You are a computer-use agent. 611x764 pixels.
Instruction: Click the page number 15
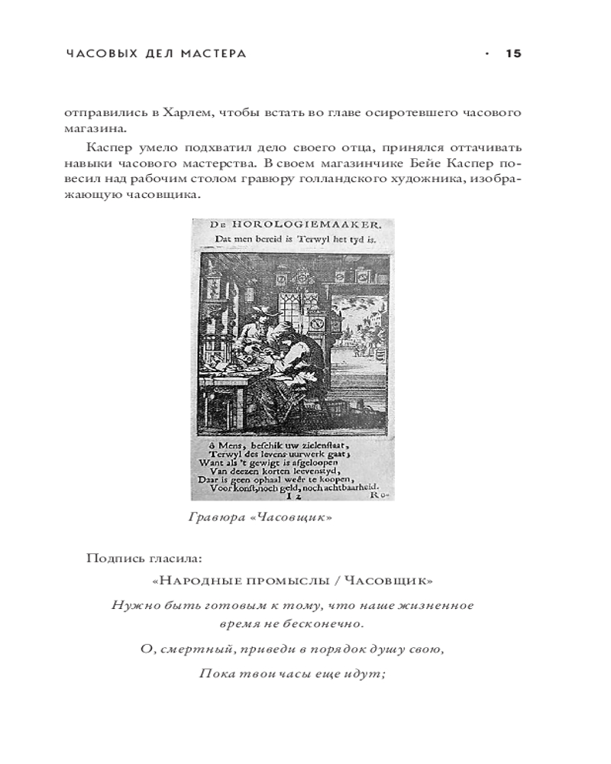[x=512, y=53]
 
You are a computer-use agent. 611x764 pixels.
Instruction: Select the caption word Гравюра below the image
[x=212, y=517]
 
